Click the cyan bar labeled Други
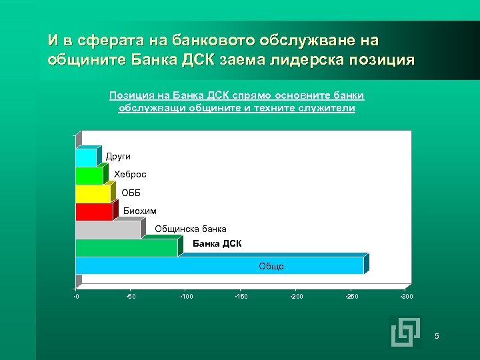pyautogui.click(x=87, y=157)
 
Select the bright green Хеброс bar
pyautogui.click(x=89, y=175)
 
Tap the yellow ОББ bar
pyautogui.click(x=93, y=193)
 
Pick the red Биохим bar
pyautogui.click(x=94, y=211)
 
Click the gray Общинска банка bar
pyautogui.click(x=108, y=229)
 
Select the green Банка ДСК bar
pyautogui.click(x=127, y=247)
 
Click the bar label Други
pyautogui.click(x=118, y=156)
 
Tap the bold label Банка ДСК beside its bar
pyautogui.click(x=217, y=243)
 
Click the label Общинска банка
pyautogui.click(x=191, y=229)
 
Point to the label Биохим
pyautogui.click(x=140, y=211)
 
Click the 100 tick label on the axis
pyautogui.click(x=187, y=295)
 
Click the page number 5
pyautogui.click(x=437, y=335)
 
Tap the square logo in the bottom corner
pyautogui.click(x=406, y=331)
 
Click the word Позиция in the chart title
pyautogui.click(x=128, y=95)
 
